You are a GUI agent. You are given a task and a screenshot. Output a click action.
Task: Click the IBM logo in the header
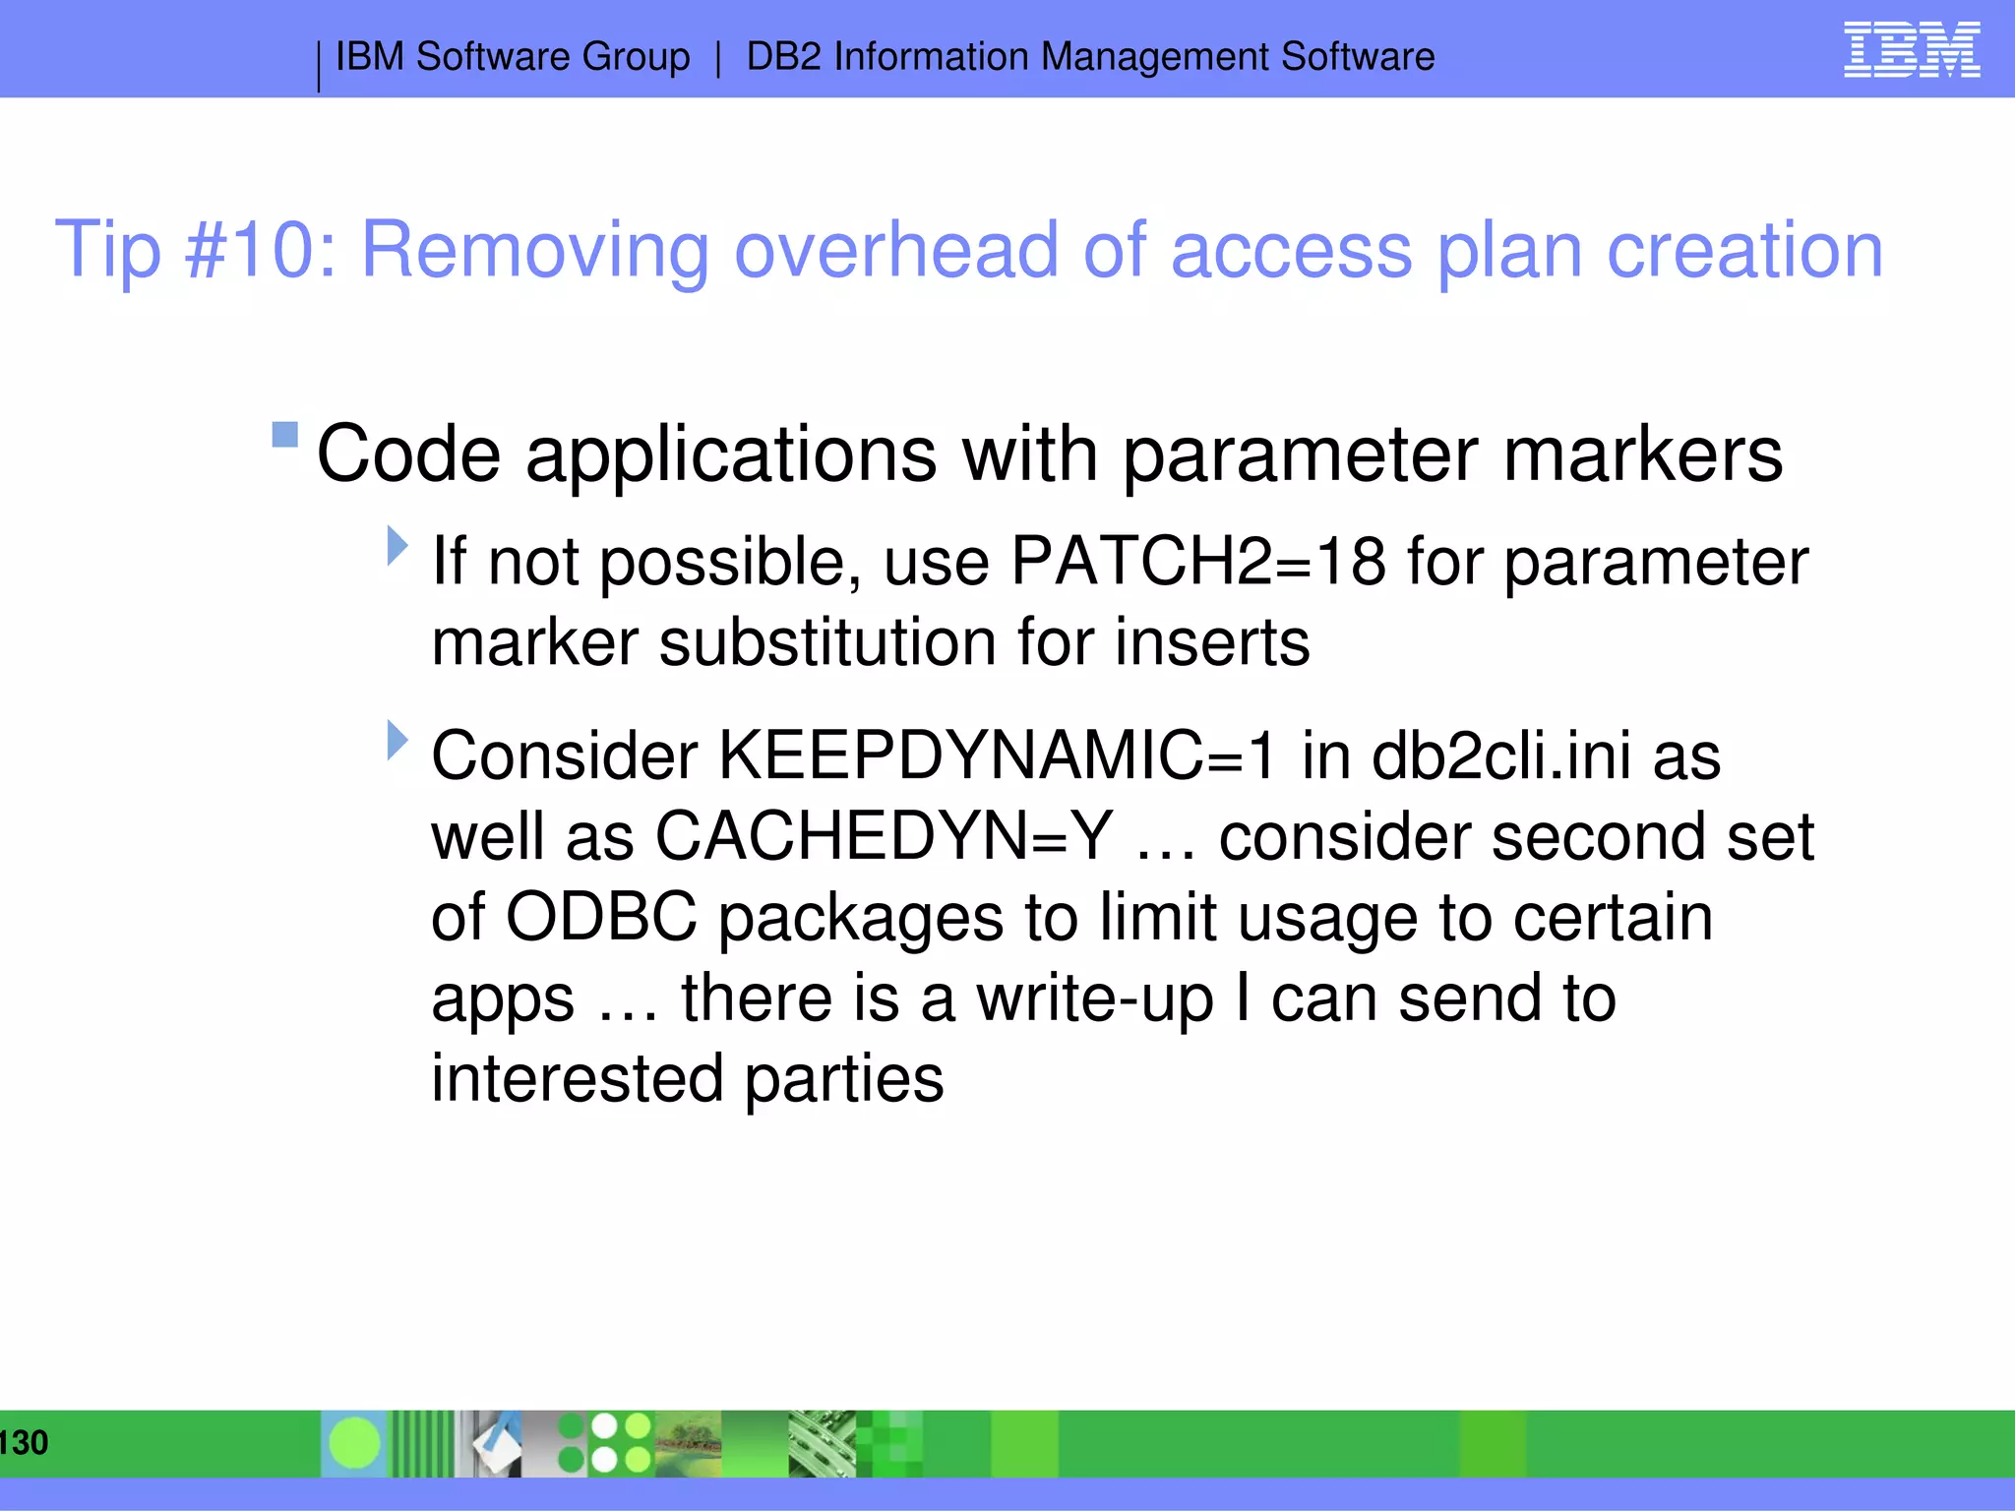tap(1911, 49)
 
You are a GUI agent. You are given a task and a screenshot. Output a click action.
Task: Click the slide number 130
tap(24, 1442)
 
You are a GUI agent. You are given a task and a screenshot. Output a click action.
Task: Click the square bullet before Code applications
tap(285, 434)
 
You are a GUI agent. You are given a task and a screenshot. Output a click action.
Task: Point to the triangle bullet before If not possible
tap(397, 545)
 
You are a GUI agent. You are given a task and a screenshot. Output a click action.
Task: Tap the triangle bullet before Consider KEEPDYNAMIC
tap(397, 740)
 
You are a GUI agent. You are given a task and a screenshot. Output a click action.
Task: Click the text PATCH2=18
tap(1197, 562)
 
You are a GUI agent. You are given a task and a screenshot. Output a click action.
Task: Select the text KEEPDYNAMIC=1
tap(997, 756)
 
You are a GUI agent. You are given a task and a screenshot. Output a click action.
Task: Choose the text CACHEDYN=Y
tap(884, 837)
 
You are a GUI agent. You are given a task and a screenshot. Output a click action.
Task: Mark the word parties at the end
tap(843, 1079)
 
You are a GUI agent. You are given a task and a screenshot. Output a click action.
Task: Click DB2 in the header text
tap(783, 57)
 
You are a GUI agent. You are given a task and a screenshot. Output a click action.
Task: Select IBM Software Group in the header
tap(513, 57)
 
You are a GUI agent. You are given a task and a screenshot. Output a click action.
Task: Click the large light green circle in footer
tap(354, 1443)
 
